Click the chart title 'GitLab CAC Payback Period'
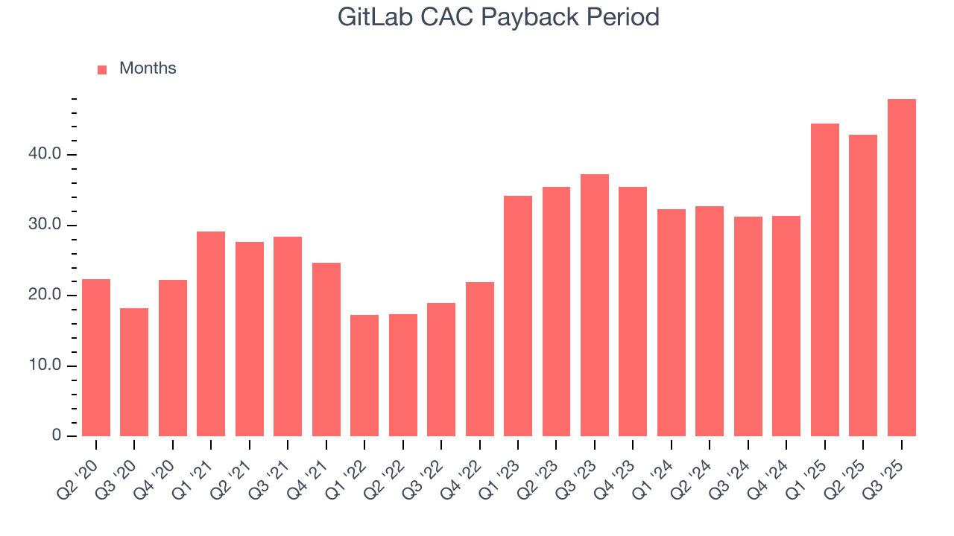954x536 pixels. pos(498,16)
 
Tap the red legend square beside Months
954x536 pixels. pos(102,69)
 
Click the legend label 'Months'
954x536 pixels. pos(148,68)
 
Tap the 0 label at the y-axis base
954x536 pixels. pos(57,436)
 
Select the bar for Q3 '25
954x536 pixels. pos(901,268)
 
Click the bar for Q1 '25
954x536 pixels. pos(824,280)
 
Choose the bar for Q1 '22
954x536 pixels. pos(364,375)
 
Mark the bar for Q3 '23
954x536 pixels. pos(595,305)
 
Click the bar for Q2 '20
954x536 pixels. pos(96,357)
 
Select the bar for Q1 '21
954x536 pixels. pos(211,334)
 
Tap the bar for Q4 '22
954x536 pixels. pos(479,359)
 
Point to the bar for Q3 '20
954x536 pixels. pos(134,372)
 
